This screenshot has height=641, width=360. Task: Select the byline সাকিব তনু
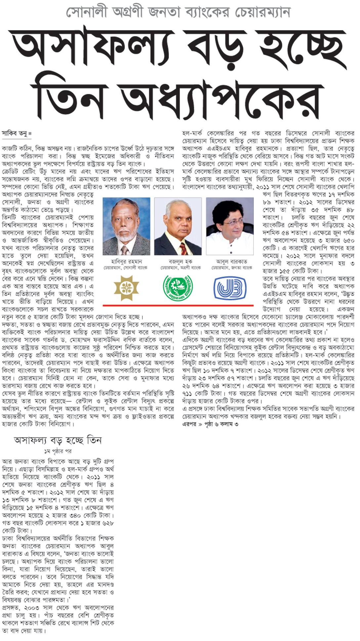click(x=15, y=134)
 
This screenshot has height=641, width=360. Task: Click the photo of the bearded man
click(x=126, y=226)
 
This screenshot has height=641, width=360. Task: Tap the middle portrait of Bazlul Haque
click(x=178, y=226)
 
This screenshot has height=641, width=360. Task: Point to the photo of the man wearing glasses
click(x=230, y=226)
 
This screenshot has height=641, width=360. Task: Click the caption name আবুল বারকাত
click(x=231, y=262)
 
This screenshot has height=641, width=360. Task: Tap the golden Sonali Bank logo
click(x=126, y=288)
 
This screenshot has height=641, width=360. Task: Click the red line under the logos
click(x=178, y=305)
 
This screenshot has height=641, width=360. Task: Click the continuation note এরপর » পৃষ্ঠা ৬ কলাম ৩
click(x=210, y=424)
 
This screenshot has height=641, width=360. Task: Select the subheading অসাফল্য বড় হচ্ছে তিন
click(x=58, y=441)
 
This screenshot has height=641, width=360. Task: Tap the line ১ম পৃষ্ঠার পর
click(x=58, y=451)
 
